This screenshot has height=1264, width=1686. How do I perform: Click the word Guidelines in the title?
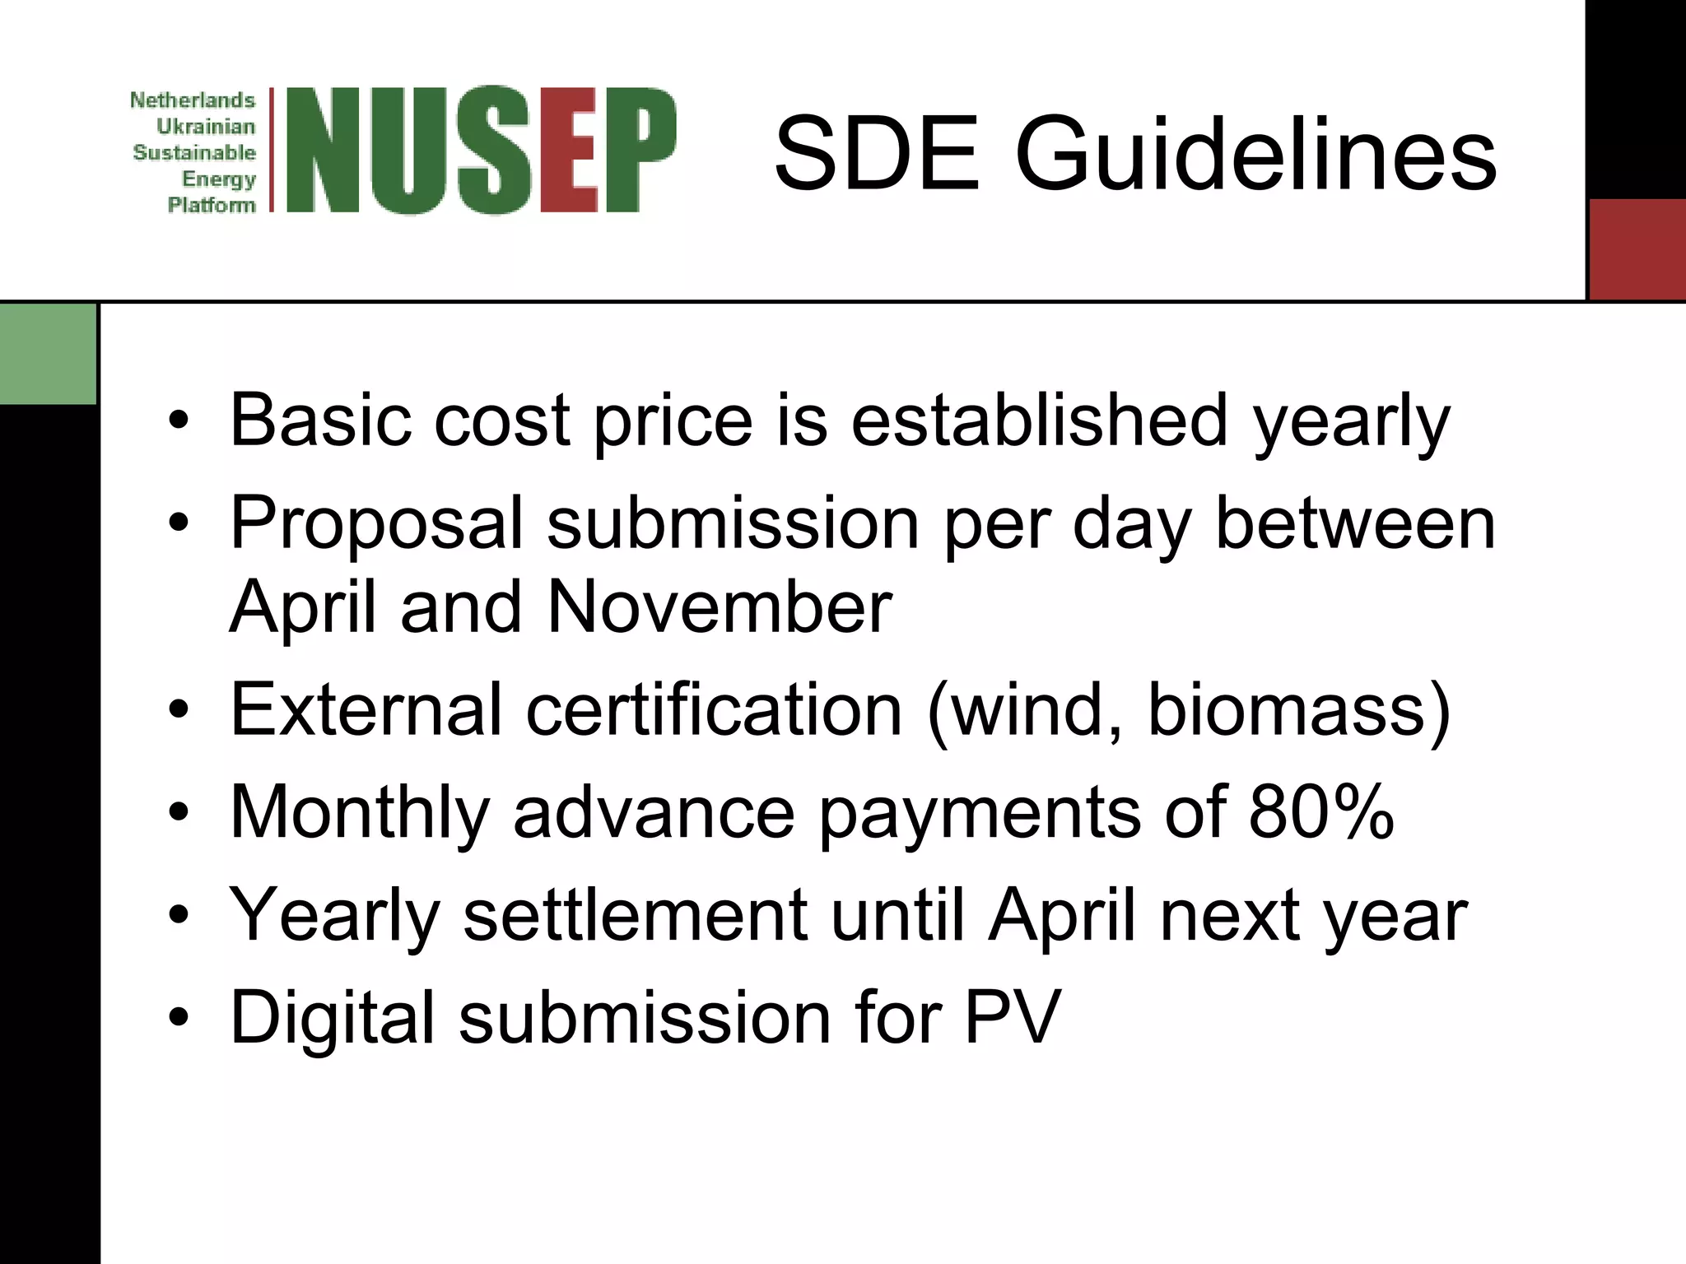point(1255,155)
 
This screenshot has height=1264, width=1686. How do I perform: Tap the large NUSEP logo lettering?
point(482,150)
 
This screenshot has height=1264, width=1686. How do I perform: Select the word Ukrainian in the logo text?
point(206,127)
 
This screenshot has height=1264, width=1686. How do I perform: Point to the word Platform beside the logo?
point(212,205)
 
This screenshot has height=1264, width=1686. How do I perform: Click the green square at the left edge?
point(48,354)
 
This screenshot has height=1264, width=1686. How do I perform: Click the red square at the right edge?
point(1637,249)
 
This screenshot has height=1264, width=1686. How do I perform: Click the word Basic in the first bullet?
point(318,421)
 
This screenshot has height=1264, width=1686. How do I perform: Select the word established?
point(1040,421)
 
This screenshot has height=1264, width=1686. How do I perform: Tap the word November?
point(719,607)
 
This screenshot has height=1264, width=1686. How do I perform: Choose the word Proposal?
point(377,524)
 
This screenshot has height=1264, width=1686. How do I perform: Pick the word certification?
point(714,709)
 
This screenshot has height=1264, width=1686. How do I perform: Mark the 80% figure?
point(1321,812)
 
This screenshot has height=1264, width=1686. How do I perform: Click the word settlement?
point(635,915)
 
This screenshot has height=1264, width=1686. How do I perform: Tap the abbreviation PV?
point(1012,1018)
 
